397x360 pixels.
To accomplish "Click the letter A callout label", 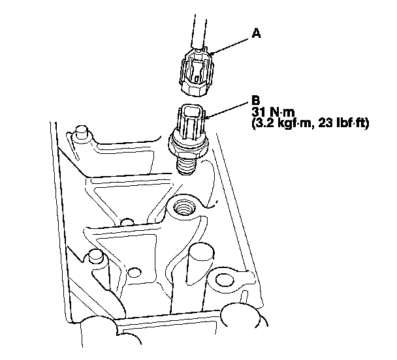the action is [x=256, y=33].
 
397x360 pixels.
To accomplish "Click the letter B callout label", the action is [x=256, y=100].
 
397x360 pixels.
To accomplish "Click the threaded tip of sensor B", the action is [x=187, y=165].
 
